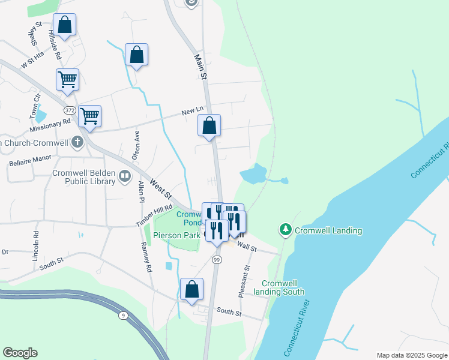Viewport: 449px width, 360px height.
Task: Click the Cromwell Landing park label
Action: click(328, 230)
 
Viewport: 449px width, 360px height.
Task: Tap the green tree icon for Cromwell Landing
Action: click(285, 230)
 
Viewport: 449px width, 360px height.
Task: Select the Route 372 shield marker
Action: click(70, 110)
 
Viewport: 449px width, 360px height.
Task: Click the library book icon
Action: click(125, 176)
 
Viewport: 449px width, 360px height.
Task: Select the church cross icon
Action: click(77, 142)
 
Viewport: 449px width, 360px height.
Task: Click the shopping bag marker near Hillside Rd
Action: click(65, 26)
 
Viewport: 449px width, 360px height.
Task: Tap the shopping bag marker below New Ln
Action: click(209, 127)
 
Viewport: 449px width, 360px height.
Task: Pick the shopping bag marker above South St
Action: click(191, 290)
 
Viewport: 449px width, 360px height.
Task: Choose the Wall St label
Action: click(247, 247)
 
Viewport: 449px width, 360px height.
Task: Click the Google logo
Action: click(20, 353)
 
